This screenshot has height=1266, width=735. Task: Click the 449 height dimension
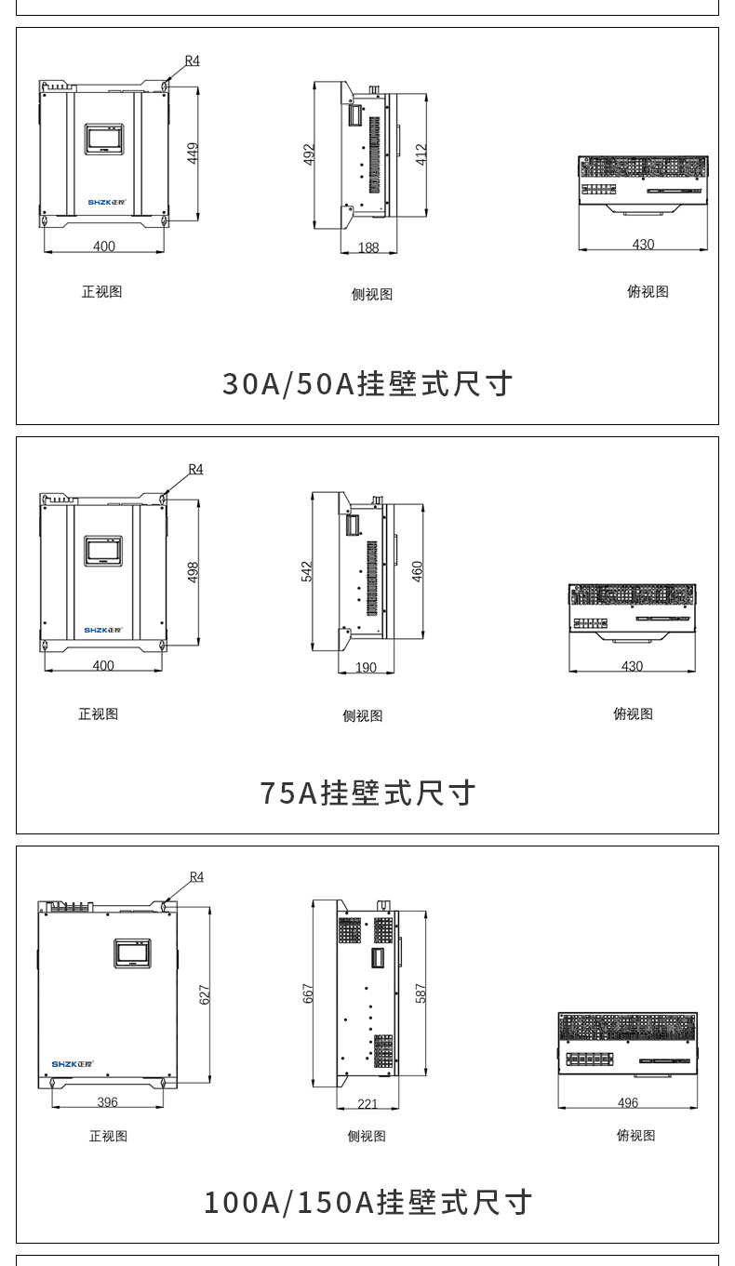[194, 153]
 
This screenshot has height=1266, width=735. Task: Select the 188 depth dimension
[369, 247]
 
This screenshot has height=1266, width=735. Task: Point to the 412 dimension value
[421, 153]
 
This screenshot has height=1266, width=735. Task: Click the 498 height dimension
[194, 571]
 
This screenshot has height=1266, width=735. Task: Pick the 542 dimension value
[307, 571]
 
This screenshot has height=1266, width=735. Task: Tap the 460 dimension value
[417, 571]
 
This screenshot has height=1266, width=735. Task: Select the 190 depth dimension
[367, 668]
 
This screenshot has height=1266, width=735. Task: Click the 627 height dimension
[205, 993]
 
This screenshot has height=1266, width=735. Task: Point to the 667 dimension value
[308, 993]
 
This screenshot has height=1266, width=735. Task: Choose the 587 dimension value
[420, 993]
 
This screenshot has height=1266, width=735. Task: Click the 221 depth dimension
[367, 1104]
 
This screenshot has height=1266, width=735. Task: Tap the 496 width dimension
[628, 1103]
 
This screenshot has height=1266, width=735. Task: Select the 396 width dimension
[108, 1102]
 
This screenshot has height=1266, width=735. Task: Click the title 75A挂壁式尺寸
[367, 793]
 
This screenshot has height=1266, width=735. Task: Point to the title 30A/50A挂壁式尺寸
[367, 383]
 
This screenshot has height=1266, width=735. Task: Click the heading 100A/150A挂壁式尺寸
[367, 1202]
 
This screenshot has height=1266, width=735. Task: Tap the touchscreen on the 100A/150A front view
[131, 953]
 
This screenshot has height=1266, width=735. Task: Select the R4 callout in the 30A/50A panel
[192, 60]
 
